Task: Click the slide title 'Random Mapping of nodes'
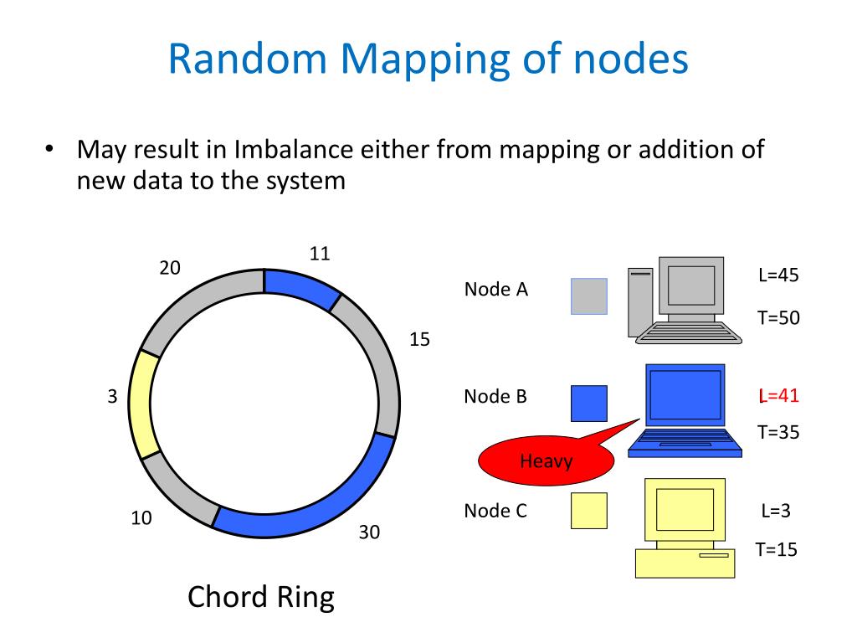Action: (428, 59)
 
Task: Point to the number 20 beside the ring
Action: (170, 268)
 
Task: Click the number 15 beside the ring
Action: (418, 340)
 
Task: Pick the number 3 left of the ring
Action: (112, 398)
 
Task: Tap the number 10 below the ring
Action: (141, 518)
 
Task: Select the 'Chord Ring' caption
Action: (260, 597)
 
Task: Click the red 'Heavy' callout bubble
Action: (545, 460)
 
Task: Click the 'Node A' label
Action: (495, 290)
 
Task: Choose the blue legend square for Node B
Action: (589, 404)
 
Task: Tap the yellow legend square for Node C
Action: (589, 511)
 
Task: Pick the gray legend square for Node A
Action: (589, 296)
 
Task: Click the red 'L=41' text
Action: (777, 395)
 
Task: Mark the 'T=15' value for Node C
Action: (776, 549)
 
